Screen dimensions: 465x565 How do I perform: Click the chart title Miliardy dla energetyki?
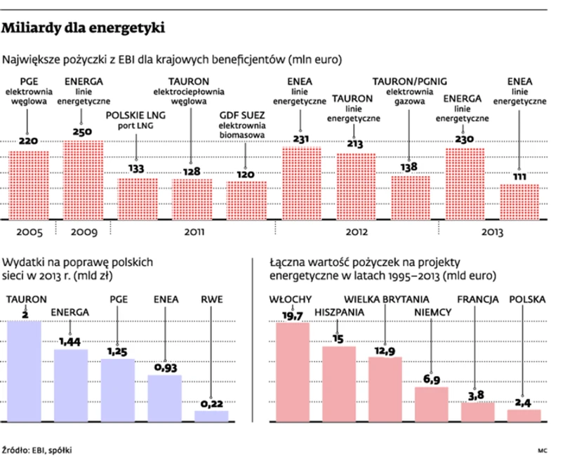coord(84,29)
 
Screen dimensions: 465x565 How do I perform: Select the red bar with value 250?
coord(83,180)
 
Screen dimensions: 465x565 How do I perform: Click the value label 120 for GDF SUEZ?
coord(246,174)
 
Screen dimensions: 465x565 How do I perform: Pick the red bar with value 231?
coord(301,182)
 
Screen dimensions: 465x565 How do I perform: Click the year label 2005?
coord(28,231)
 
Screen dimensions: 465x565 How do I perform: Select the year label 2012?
coord(355,231)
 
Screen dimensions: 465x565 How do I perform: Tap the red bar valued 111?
coord(519,201)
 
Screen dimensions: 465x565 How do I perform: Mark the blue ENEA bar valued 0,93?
coord(165,398)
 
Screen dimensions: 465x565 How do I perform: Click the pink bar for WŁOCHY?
coord(293,372)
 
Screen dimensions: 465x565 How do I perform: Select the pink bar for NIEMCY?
coord(431,405)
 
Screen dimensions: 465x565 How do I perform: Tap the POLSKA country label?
coord(527,299)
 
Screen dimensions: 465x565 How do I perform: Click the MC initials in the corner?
coord(543,450)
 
